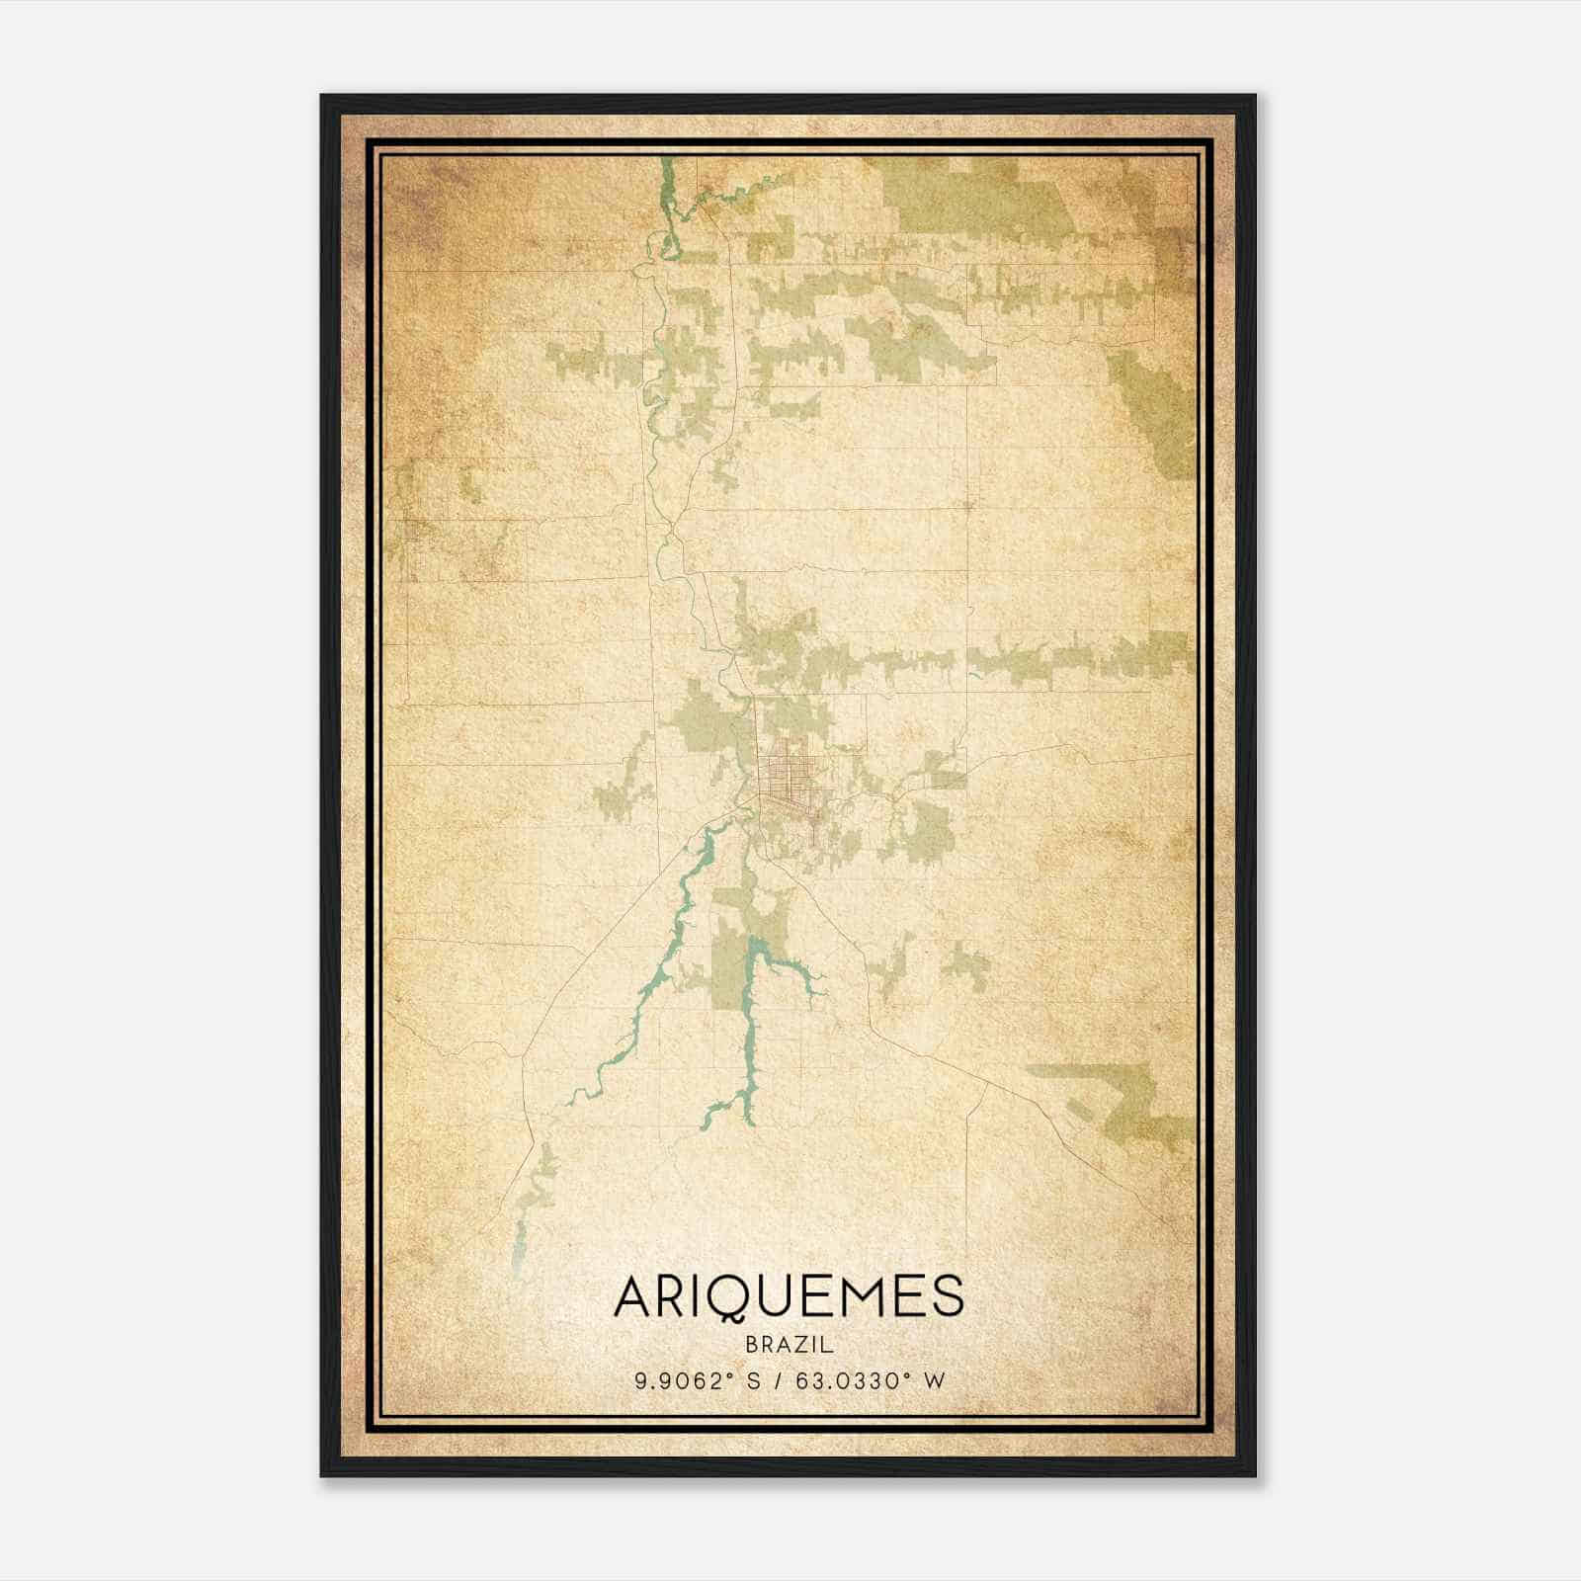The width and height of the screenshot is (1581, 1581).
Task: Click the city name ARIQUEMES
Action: [789, 1296]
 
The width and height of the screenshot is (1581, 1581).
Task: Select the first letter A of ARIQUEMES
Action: [635, 1296]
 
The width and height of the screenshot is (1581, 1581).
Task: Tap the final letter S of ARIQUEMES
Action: [945, 1296]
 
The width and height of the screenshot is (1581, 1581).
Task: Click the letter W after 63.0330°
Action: [935, 1380]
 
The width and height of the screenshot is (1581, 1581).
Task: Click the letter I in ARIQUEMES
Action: [701, 1296]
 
